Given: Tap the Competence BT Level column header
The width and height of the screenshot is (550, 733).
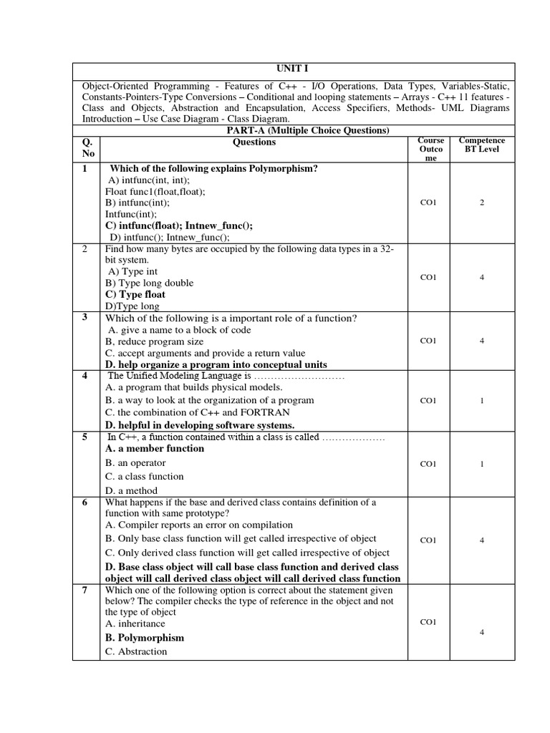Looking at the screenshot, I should pyautogui.click(x=481, y=145).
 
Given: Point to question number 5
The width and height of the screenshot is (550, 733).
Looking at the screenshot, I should pyautogui.click(x=85, y=437).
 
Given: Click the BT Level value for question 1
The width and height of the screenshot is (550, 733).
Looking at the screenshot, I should pyautogui.click(x=482, y=203).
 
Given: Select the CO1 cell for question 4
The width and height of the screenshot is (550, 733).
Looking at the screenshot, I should pyautogui.click(x=428, y=401).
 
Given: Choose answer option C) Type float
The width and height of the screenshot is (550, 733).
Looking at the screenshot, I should pyautogui.click(x=135, y=294).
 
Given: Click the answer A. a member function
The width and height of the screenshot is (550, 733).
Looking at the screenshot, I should pyautogui.click(x=155, y=449).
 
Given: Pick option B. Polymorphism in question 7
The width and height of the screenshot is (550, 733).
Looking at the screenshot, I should pyautogui.click(x=145, y=638).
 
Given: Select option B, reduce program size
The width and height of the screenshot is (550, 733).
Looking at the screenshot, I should pyautogui.click(x=154, y=341).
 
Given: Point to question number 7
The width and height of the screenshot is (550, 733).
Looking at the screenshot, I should pyautogui.click(x=85, y=590).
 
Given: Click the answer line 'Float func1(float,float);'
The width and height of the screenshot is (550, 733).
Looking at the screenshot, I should pyautogui.click(x=155, y=191).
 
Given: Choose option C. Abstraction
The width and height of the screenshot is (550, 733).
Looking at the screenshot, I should pyautogui.click(x=136, y=651).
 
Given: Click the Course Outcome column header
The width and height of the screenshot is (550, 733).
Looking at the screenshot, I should pyautogui.click(x=430, y=149).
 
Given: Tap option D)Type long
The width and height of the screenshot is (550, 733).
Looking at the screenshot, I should pyautogui.click(x=132, y=306).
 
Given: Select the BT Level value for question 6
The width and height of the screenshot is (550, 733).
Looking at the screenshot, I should pyautogui.click(x=482, y=540).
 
